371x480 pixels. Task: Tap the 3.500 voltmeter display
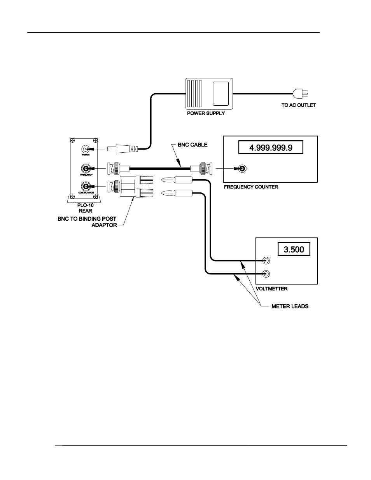(x=294, y=249)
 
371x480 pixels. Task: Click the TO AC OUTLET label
(x=298, y=105)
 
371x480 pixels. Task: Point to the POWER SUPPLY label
(x=206, y=113)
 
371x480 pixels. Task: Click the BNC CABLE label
(x=192, y=145)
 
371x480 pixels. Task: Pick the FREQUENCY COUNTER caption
(x=251, y=187)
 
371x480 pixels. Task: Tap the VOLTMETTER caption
(x=271, y=289)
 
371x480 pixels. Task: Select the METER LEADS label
(x=290, y=306)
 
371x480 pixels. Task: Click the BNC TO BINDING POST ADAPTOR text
(x=87, y=222)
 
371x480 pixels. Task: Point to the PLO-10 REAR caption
(x=85, y=208)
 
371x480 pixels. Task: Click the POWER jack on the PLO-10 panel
(x=85, y=149)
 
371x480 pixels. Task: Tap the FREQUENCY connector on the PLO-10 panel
(x=85, y=168)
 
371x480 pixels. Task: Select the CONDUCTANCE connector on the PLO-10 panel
(x=85, y=186)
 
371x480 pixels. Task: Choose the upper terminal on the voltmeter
(x=266, y=260)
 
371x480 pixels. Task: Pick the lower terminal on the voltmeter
(x=266, y=274)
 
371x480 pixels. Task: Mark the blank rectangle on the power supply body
(x=221, y=93)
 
